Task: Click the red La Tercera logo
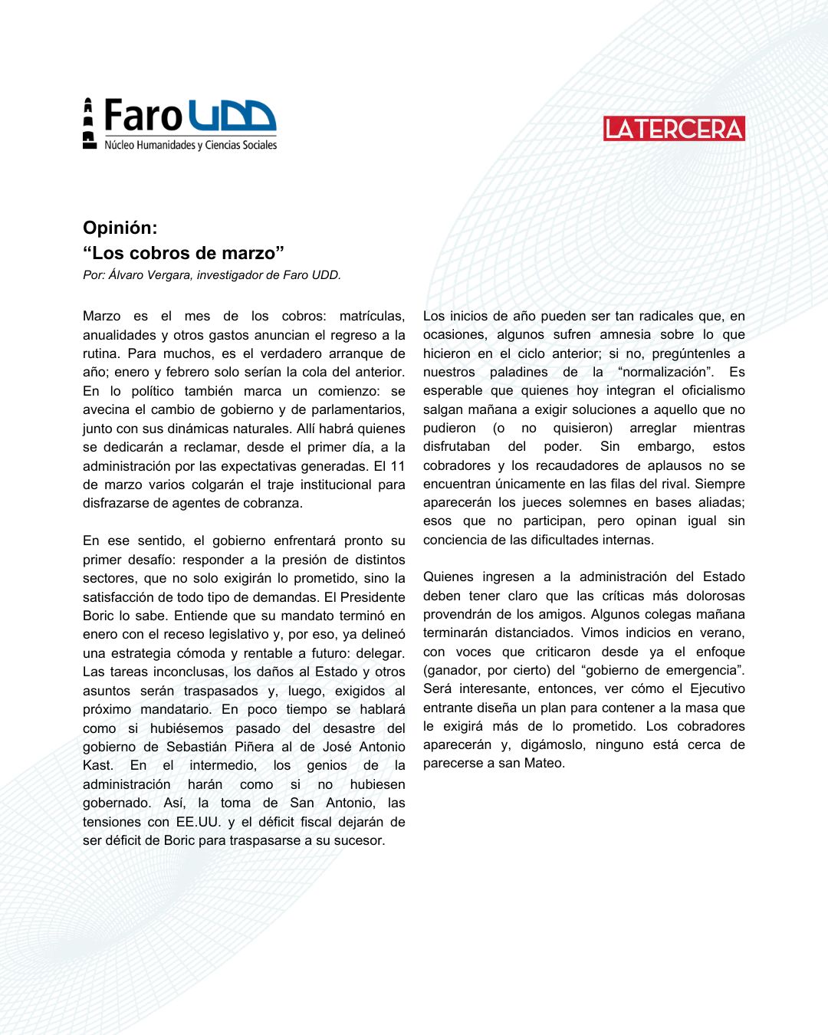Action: tap(674, 129)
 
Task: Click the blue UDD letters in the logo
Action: tap(232, 116)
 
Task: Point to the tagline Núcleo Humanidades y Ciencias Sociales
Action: tap(190, 145)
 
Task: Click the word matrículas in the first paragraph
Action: tap(372, 316)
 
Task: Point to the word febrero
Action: tap(185, 372)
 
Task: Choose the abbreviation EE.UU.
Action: tap(198, 821)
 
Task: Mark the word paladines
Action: tap(519, 372)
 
